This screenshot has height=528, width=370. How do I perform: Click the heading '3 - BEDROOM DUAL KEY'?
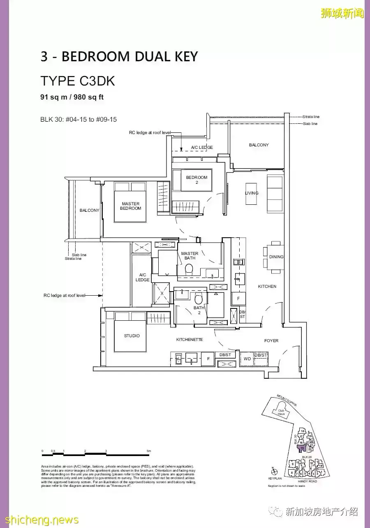tap(119, 56)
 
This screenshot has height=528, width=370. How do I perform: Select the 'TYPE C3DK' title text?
tap(78, 81)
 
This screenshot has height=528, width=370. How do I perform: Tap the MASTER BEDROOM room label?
tap(130, 206)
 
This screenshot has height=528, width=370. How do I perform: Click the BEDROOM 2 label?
tap(197, 180)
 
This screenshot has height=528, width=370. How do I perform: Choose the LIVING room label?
tap(252, 193)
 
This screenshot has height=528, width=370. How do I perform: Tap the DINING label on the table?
tap(276, 257)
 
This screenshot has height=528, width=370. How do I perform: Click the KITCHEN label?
tap(267, 286)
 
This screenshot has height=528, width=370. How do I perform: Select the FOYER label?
tap(271, 340)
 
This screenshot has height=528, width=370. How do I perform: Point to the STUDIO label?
tap(132, 336)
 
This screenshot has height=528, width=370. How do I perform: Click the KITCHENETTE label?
tap(190, 340)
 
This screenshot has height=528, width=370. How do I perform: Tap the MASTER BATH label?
tap(190, 256)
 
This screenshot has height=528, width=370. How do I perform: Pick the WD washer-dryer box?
tap(247, 359)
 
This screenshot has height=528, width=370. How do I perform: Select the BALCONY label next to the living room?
tap(259, 145)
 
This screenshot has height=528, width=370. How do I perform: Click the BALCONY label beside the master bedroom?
tap(90, 211)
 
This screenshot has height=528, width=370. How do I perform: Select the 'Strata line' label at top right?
tap(311, 117)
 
